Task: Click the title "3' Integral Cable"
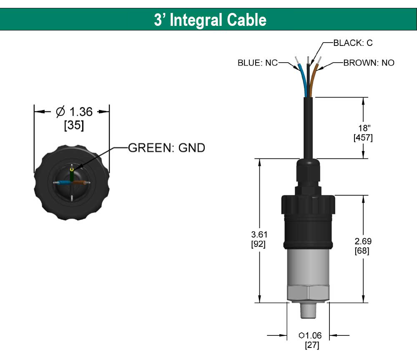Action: point(210,20)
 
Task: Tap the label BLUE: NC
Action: point(257,63)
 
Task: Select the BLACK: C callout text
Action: point(353,42)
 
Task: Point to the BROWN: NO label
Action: point(369,63)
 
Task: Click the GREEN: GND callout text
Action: point(166,148)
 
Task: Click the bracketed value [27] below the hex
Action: point(312,345)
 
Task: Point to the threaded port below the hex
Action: point(308,310)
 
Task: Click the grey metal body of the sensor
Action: point(308,267)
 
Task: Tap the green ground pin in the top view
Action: point(73,175)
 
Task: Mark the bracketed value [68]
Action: point(362,251)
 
